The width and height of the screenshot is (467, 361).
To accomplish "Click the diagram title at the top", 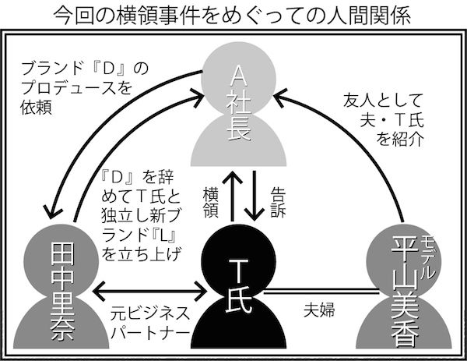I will [x=233, y=15].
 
